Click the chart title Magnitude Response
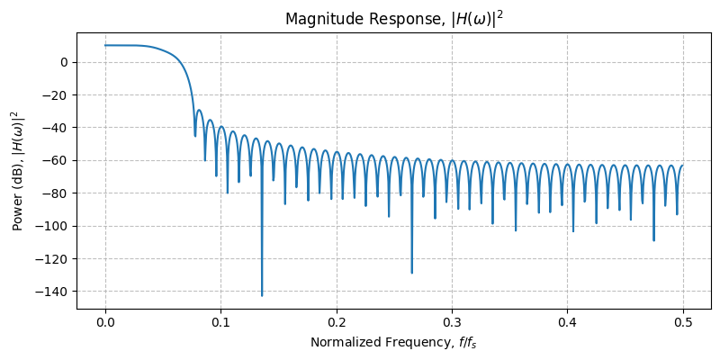coord(393,19)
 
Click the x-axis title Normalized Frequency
coord(393,342)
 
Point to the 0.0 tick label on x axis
coord(105,322)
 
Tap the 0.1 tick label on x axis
coord(220,322)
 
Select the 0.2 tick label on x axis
coord(337,322)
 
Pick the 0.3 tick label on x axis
coord(452,322)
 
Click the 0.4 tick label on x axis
coord(567,322)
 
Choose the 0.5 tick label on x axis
coord(683,322)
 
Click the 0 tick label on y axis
coord(64,62)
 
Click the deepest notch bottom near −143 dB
coord(262,295)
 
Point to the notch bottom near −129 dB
coord(412,273)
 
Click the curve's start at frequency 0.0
coord(105,45)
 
